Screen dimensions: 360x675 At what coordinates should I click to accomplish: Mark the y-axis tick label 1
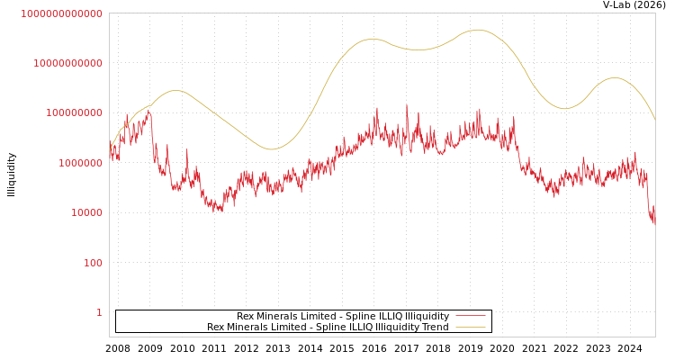pos(99,312)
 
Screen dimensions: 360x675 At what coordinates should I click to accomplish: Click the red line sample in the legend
pos(471,316)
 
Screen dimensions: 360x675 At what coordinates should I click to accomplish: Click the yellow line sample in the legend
pos(471,327)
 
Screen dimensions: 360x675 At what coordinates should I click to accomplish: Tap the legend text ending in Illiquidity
pos(343,316)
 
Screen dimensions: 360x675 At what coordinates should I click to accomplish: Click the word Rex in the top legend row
pos(246,316)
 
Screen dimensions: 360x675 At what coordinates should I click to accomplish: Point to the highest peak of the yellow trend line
pos(477,30)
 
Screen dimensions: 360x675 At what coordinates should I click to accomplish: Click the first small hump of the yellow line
pos(175,90)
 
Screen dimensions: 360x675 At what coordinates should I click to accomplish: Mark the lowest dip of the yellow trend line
pos(271,149)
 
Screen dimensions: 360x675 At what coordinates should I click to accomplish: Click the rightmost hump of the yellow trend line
pos(614,77)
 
